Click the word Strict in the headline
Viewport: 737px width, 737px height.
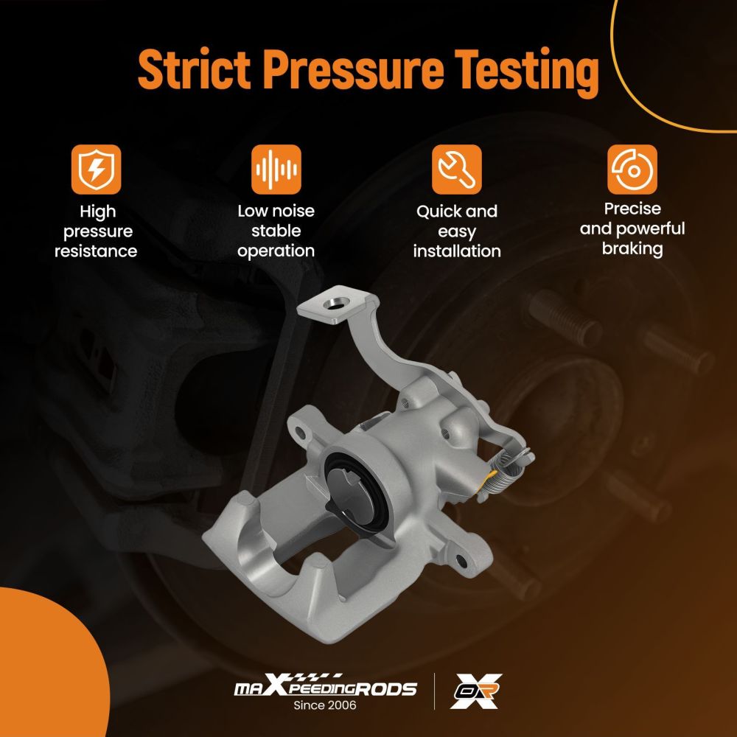194,69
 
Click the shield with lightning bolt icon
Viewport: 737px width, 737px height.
96,170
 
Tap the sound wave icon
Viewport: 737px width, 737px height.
276,170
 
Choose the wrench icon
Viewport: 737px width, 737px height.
456,170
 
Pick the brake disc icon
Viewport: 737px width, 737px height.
632,170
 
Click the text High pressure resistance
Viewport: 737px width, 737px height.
96,231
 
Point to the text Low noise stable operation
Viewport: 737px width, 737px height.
276,231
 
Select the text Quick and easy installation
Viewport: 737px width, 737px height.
457,231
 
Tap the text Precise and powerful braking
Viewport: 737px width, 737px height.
632,229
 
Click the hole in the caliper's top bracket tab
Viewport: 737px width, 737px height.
336,304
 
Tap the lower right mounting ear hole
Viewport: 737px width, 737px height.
461,560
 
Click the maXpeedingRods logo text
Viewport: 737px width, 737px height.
325,687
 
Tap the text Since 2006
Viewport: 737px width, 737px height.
325,705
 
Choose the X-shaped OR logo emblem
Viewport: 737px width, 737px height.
475,691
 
